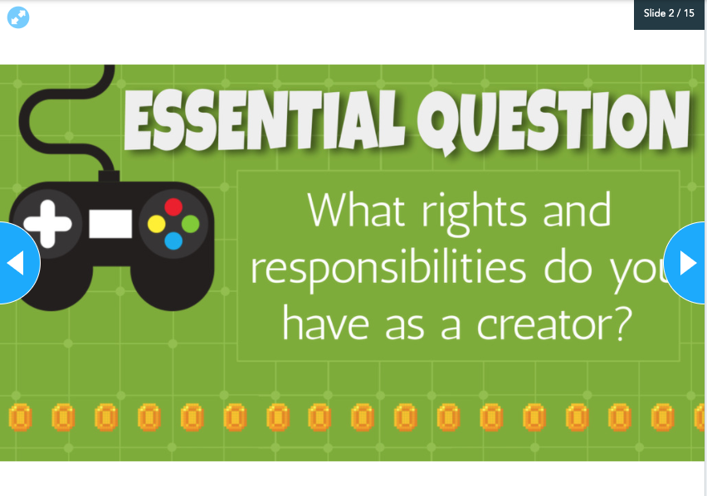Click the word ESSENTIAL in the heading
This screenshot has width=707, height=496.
pyautogui.click(x=265, y=119)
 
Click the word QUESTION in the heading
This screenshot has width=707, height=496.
pyautogui.click(x=553, y=119)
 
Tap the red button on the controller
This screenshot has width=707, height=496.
pyautogui.click(x=173, y=207)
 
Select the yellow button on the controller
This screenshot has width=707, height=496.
pyautogui.click(x=157, y=224)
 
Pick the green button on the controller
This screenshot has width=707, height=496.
pyautogui.click(x=190, y=224)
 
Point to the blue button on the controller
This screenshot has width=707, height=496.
pyautogui.click(x=173, y=241)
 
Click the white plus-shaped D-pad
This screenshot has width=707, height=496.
pyautogui.click(x=47, y=224)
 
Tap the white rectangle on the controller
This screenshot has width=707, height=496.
pyautogui.click(x=110, y=224)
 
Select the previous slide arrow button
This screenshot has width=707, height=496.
pyautogui.click(x=18, y=263)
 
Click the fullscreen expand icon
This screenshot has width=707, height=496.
pyautogui.click(x=18, y=17)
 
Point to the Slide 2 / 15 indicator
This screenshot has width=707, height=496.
pyautogui.click(x=669, y=13)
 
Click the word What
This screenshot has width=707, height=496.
pyautogui.click(x=356, y=210)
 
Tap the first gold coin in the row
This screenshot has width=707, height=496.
pyautogui.click(x=20, y=417)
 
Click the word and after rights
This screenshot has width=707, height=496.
pyautogui.click(x=578, y=210)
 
